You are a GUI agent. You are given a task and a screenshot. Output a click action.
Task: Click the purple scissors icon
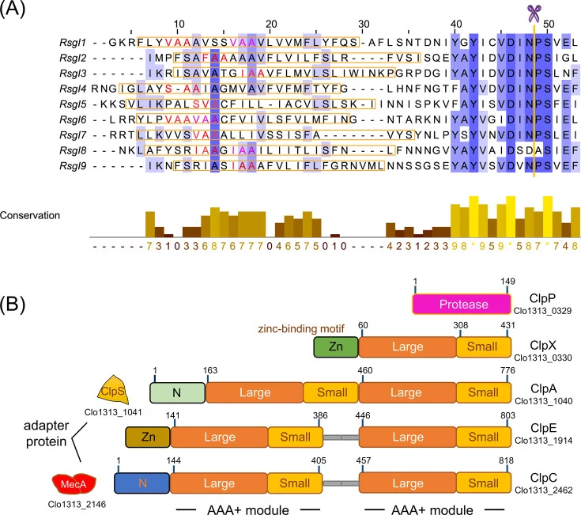[534, 13]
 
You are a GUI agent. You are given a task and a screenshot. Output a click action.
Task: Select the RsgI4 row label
[73, 89]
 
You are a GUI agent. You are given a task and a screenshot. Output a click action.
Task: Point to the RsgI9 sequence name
[73, 166]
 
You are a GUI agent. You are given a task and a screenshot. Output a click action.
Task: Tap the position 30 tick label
[364, 24]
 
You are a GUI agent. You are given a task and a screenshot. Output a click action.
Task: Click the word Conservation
[30, 215]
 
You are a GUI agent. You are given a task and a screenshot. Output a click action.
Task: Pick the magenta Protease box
[462, 304]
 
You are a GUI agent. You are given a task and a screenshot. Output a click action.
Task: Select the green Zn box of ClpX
[336, 346]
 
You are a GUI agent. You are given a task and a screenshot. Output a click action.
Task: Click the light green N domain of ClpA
[178, 392]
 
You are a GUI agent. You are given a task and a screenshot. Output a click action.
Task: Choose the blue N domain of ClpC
[142, 483]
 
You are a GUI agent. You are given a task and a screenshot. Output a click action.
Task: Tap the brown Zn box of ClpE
[148, 437]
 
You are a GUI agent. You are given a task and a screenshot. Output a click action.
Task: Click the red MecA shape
[74, 484]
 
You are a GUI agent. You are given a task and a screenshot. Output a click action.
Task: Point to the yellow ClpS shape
[113, 390]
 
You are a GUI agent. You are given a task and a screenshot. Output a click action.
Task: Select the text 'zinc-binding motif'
[301, 329]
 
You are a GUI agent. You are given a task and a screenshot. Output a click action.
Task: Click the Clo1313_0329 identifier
[542, 311]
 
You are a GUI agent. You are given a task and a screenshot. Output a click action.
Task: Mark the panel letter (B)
[13, 304]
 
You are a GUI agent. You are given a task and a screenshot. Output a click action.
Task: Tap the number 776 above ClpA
[507, 370]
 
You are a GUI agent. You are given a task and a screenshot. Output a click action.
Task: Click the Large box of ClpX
[408, 346]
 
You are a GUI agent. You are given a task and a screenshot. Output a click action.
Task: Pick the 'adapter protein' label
[47, 434]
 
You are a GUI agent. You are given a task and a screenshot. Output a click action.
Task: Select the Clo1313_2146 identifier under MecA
[77, 504]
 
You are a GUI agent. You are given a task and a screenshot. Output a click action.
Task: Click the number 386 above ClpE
[320, 415]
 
